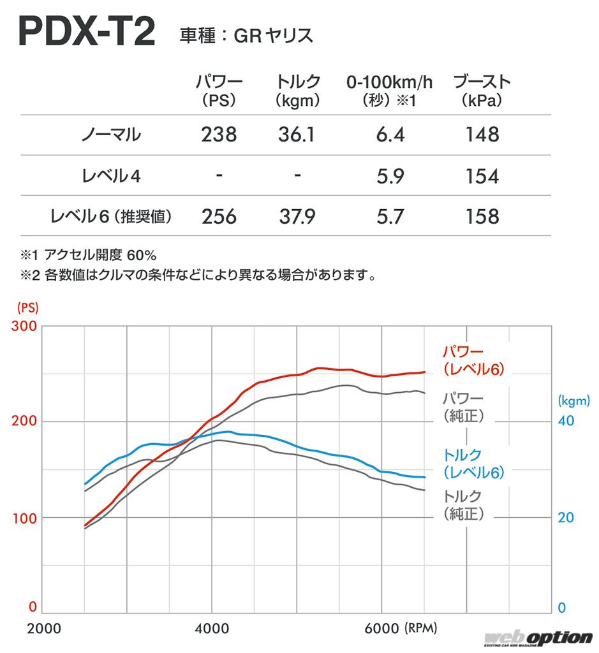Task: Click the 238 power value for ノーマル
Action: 219,135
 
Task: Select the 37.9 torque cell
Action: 297,217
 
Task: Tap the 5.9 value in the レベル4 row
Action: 390,176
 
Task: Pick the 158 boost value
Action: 482,217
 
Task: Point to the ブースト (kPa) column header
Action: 482,91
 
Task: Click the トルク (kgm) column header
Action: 298,91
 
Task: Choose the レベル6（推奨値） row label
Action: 112,217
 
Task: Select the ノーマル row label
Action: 111,135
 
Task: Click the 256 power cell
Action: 219,217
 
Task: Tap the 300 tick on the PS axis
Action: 25,326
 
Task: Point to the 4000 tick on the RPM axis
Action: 212,627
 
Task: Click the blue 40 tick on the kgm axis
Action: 566,422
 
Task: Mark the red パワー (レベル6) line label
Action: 473,360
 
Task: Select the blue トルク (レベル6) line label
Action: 473,464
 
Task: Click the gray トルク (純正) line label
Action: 462,504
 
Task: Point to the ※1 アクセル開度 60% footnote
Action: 89,256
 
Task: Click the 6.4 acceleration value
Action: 390,135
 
